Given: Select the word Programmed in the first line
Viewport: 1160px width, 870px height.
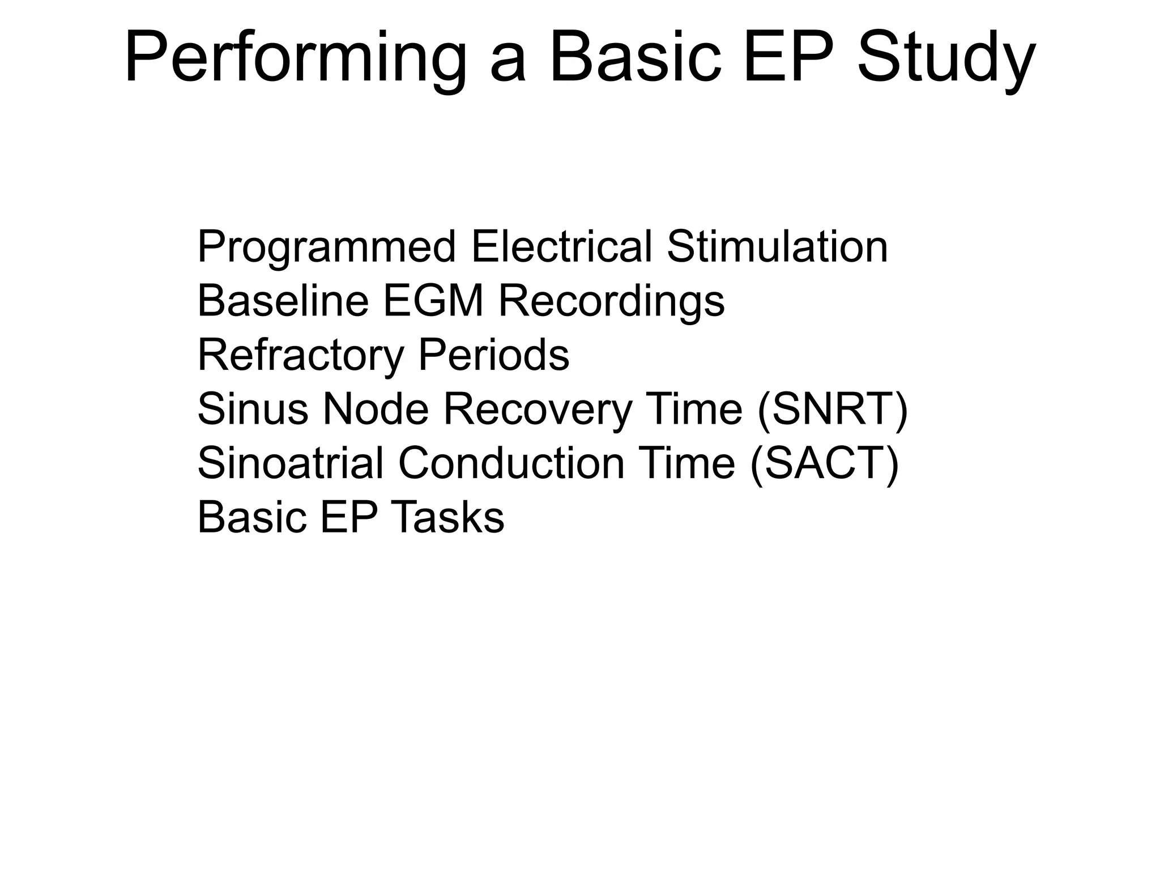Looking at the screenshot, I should point(326,248).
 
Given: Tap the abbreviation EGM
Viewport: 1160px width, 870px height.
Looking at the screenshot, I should point(433,301).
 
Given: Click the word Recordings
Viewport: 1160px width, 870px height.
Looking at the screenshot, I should point(611,302).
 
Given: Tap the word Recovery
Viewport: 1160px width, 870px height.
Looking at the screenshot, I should point(537,410).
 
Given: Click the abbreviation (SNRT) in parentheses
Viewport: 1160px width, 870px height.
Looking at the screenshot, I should point(832,410).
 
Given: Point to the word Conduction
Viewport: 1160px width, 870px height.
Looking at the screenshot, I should point(511,463).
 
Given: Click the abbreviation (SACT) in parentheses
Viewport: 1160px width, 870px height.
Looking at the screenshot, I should point(824,464).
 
